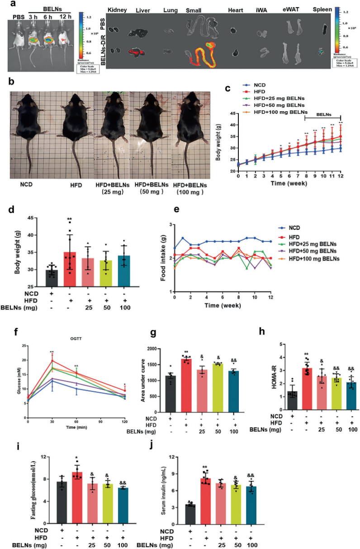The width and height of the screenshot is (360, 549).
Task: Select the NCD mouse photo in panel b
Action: coord(31,122)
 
